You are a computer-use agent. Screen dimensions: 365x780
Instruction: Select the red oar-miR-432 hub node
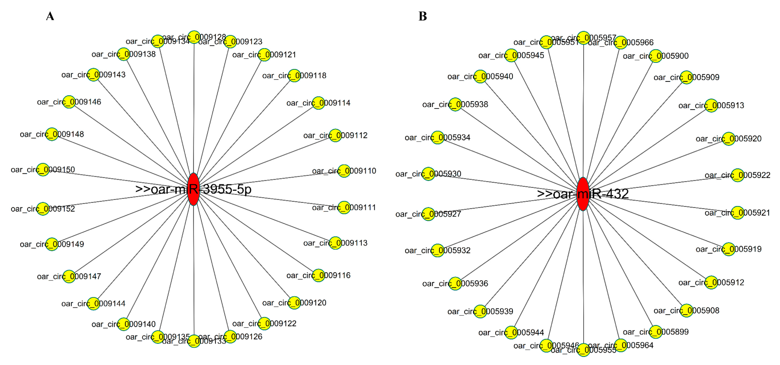pyautogui.click(x=583, y=194)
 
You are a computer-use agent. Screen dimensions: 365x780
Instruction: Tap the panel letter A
pyautogui.click(x=50, y=16)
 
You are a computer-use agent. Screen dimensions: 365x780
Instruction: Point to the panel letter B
pyautogui.click(x=423, y=16)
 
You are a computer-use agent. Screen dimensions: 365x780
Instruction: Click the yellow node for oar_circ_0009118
pyautogui.click(x=294, y=75)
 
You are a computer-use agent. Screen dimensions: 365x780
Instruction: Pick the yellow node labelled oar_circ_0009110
pyautogui.click(x=344, y=171)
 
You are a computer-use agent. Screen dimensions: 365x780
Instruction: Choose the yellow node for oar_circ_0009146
pyautogui.click(x=69, y=102)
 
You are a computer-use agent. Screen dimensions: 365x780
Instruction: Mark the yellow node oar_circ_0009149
pyautogui.click(x=52, y=244)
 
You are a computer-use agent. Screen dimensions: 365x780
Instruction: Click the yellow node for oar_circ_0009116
pyautogui.click(x=318, y=275)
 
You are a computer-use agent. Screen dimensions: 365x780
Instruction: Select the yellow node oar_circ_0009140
pyautogui.click(x=124, y=324)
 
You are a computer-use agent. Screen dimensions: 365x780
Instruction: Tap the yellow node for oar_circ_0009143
pyautogui.click(x=93, y=75)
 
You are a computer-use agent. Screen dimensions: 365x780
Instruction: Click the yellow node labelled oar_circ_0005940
pyautogui.click(x=480, y=76)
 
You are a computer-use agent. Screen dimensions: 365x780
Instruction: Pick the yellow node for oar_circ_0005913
pyautogui.click(x=711, y=105)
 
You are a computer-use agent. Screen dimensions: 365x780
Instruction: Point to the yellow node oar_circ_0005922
pyautogui.click(x=738, y=175)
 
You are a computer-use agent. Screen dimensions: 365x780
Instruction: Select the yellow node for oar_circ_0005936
pyautogui.click(x=455, y=284)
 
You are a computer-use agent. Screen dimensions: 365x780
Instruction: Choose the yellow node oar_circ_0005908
pyautogui.click(x=686, y=311)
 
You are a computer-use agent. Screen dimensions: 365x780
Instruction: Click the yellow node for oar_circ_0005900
pyautogui.click(x=655, y=56)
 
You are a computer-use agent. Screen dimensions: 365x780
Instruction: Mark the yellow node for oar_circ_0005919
pyautogui.click(x=729, y=249)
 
